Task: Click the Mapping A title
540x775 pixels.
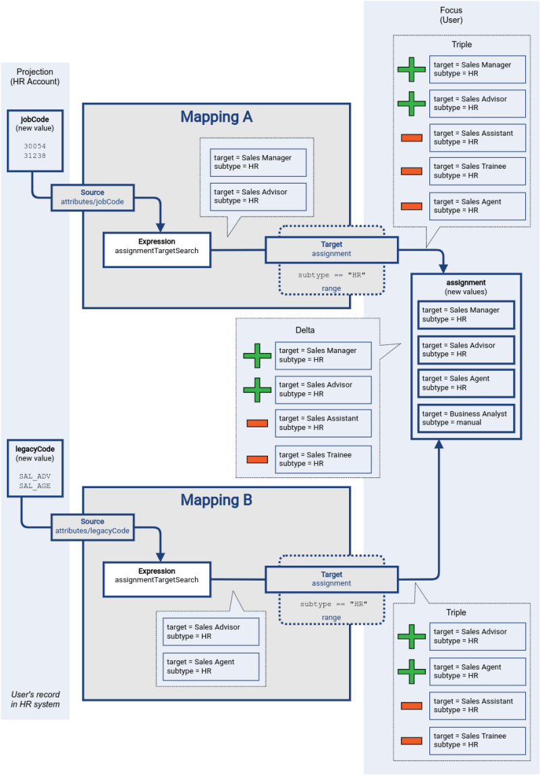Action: click(216, 117)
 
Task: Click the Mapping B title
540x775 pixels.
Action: click(216, 500)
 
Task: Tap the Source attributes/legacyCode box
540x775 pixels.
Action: click(92, 526)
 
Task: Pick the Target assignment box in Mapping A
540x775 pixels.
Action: click(331, 249)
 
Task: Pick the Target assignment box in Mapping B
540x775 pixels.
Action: click(331, 579)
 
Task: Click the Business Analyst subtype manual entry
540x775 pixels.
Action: click(466, 418)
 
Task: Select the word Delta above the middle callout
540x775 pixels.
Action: click(305, 330)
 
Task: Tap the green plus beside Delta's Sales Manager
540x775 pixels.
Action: click(257, 355)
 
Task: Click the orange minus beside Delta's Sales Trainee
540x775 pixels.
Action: click(257, 460)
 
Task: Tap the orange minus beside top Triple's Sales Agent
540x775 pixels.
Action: click(412, 206)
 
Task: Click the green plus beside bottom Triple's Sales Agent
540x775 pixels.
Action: click(412, 672)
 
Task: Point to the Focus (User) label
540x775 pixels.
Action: click(452, 15)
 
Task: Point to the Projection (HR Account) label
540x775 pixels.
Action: click(35, 76)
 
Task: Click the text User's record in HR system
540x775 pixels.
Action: click(35, 699)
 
